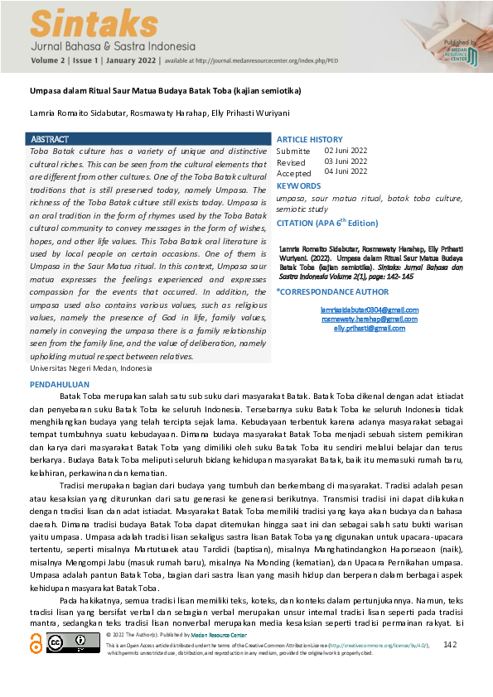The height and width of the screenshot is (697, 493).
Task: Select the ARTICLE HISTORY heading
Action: (309, 139)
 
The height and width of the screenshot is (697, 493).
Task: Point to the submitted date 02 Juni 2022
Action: (346, 151)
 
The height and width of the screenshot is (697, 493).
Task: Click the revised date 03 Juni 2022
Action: (346, 161)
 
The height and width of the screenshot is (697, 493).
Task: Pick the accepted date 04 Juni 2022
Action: (346, 172)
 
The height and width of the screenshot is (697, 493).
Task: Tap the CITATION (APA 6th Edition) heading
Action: (326, 224)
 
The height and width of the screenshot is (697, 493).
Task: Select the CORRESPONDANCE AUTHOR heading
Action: (331, 292)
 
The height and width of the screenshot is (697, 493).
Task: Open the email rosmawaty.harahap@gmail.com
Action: (358, 319)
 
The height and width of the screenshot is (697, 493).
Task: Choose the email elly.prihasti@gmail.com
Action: (358, 328)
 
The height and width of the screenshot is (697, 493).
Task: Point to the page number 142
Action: (450, 644)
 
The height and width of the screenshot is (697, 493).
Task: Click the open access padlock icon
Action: (35, 643)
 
